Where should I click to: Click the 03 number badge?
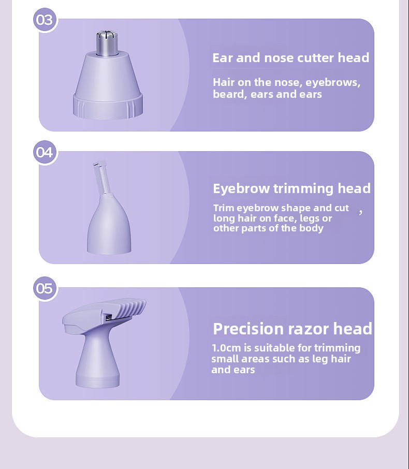coord(45,20)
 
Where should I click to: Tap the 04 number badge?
coord(45,152)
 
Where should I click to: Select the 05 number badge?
coord(45,288)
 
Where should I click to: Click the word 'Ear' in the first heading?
coord(222,58)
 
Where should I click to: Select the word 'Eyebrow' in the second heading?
coord(241,189)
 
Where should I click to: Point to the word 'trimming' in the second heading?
coord(303,189)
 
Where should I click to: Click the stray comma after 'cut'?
coord(360,212)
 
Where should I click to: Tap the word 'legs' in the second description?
coord(309,218)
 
